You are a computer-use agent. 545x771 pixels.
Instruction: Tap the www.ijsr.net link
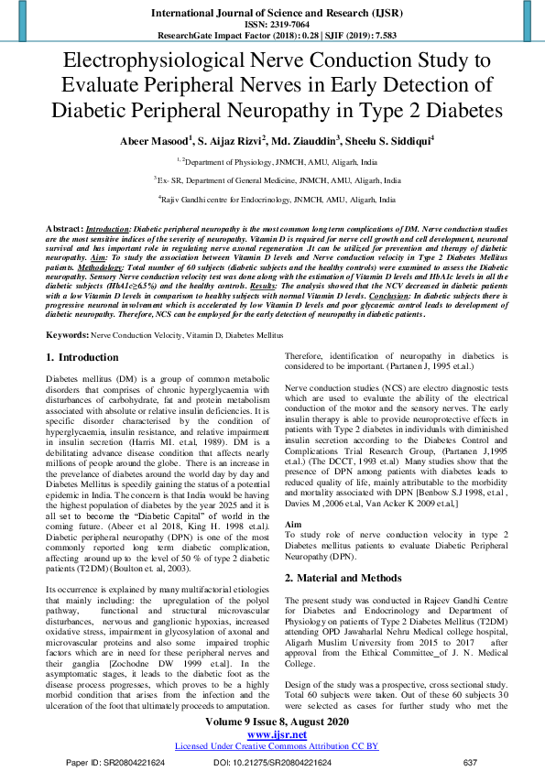276,734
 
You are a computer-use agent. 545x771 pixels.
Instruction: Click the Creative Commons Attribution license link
276,746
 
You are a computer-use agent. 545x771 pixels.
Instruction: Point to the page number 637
471,762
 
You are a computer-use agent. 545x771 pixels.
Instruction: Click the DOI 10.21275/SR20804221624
276,762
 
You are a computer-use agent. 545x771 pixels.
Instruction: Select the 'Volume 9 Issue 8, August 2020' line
276,722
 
